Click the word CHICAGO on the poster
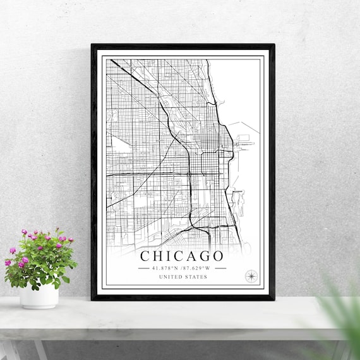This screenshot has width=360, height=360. [182, 256]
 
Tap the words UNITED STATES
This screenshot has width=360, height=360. [183, 277]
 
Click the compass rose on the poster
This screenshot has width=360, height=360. [251, 275]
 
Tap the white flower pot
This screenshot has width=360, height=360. [39, 295]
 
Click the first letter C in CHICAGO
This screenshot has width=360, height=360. [145, 256]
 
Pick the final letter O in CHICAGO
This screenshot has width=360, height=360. [218, 256]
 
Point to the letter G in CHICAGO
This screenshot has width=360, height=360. [202, 256]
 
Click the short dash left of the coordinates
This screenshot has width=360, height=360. [144, 268]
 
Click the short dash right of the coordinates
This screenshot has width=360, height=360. [220, 268]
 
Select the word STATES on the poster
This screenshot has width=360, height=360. [195, 277]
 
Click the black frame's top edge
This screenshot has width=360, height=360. [183, 46]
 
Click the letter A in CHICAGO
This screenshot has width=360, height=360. [188, 256]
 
